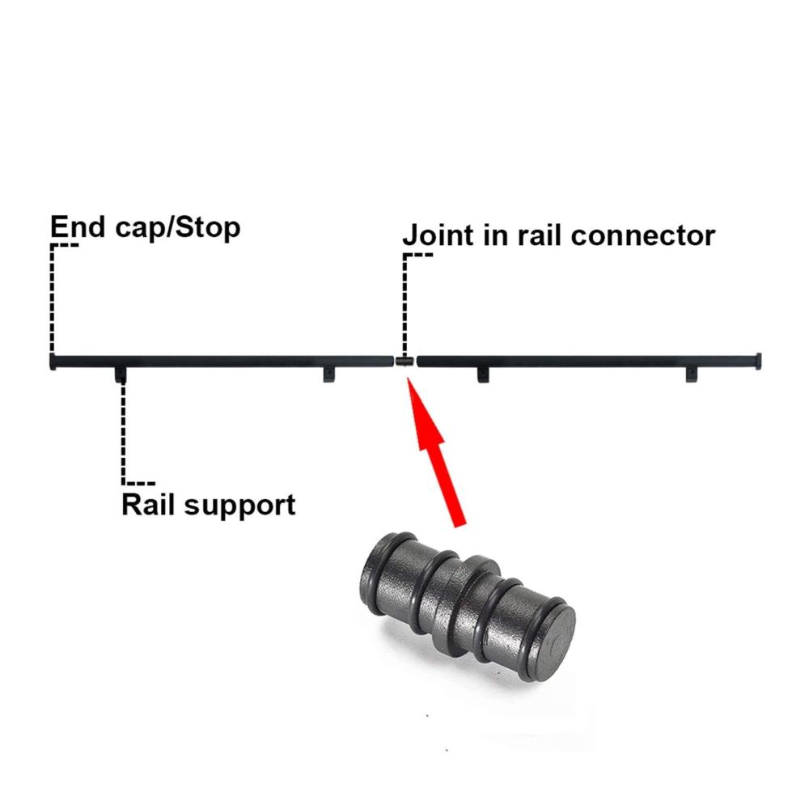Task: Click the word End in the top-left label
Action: (x=78, y=227)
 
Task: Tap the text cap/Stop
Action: (x=177, y=227)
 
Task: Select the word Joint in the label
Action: (x=438, y=235)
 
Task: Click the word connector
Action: (x=643, y=235)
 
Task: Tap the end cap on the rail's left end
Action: (x=53, y=361)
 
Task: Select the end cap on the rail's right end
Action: (x=758, y=361)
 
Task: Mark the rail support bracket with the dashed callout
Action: (x=121, y=375)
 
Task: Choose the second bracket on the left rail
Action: (x=329, y=375)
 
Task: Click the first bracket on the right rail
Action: (x=483, y=375)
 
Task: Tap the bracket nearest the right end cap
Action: (x=692, y=375)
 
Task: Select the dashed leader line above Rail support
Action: (x=123, y=434)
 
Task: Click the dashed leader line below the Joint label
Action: (x=405, y=304)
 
